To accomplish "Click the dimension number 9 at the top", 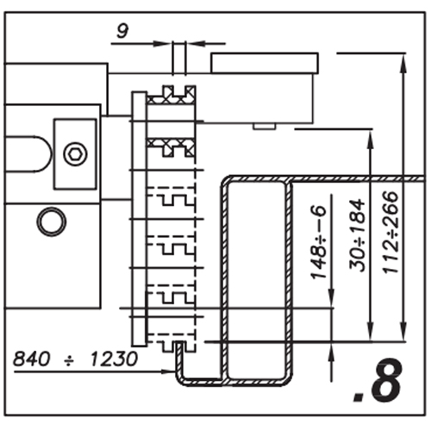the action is coord(122,31).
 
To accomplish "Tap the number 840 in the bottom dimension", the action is coord(32,359).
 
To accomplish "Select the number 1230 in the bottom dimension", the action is coord(114,359).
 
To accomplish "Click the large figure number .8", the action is coord(378,380).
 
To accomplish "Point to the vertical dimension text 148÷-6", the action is coord(318,242).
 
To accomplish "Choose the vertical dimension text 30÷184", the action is coord(357,234).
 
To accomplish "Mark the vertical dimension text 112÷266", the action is coord(390,232).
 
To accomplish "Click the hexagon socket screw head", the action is coord(75,154).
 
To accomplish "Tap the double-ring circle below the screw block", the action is coord(52,222).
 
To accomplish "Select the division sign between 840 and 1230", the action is coord(69,359).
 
